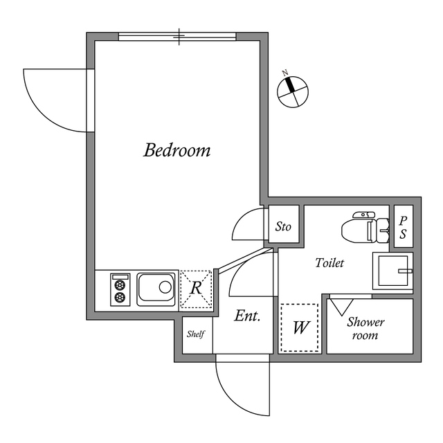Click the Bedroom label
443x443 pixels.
click(x=177, y=150)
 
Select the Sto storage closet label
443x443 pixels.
click(x=283, y=226)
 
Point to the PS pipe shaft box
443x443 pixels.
click(x=403, y=226)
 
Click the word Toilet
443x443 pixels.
click(x=329, y=263)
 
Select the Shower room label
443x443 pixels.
click(x=365, y=329)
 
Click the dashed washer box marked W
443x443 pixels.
click(x=300, y=327)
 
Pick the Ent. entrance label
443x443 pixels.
click(x=246, y=316)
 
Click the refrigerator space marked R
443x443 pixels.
click(x=197, y=288)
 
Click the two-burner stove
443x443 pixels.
click(x=120, y=290)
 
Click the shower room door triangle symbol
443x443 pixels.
click(x=340, y=304)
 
